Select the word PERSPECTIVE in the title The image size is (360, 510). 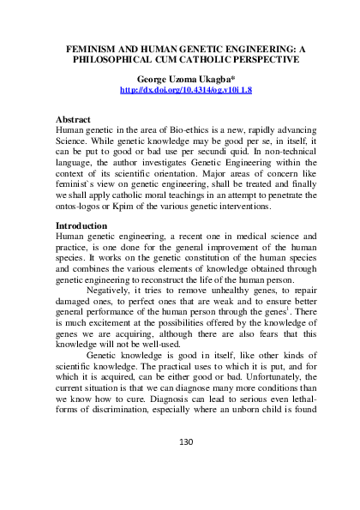click(x=258, y=60)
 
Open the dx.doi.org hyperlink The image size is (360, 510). click(x=180, y=88)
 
